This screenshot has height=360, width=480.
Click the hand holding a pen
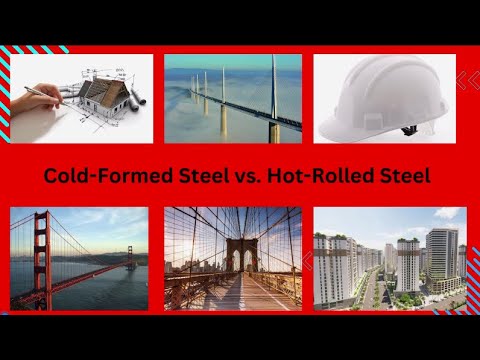click(35, 97)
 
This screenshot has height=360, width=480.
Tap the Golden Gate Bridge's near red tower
click(41, 255)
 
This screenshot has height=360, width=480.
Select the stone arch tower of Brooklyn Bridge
click(240, 257)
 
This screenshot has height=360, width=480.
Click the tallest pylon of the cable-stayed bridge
click(272, 95)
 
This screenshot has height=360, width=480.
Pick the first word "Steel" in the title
click(203, 176)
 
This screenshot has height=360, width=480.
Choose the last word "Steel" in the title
click(404, 176)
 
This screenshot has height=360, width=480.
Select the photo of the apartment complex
click(389, 258)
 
